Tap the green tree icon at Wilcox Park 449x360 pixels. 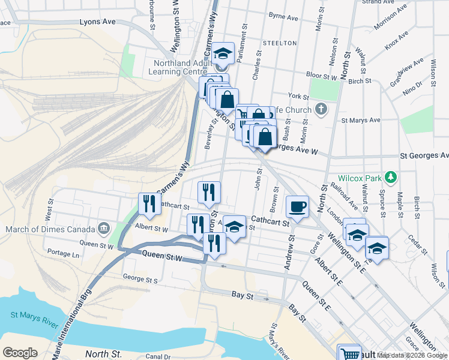[x=391, y=177]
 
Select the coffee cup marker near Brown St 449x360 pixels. [x=297, y=207]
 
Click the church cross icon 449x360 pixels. [x=321, y=109]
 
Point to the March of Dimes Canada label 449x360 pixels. [x=50, y=229]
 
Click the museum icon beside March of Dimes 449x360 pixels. [x=104, y=229]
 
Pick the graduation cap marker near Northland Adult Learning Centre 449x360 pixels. [x=223, y=53]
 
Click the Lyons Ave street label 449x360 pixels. [x=97, y=22]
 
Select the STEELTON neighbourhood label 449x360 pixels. [x=279, y=43]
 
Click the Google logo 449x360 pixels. [x=20, y=353]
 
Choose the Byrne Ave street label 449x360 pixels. [x=283, y=17]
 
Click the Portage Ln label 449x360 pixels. [x=63, y=254]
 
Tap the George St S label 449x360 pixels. [x=140, y=279]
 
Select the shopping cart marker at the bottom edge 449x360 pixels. [x=349, y=353]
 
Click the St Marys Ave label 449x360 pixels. [x=361, y=120]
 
